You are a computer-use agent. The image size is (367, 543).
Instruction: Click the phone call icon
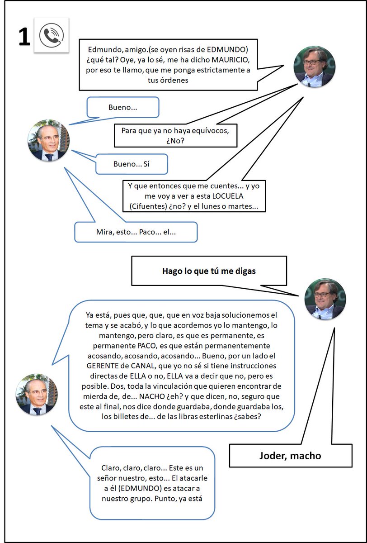pos(52,35)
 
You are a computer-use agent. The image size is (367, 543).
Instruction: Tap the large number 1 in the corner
pos(24,37)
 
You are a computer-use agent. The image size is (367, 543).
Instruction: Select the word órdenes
pos(174,80)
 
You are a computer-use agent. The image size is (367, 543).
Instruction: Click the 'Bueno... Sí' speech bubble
pos(131,164)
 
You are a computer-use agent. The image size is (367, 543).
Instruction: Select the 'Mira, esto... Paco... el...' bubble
pos(136,232)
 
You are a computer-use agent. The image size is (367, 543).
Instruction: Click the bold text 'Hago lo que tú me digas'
pos(209,271)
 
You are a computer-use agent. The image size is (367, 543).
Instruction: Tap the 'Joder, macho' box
pos(290,455)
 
